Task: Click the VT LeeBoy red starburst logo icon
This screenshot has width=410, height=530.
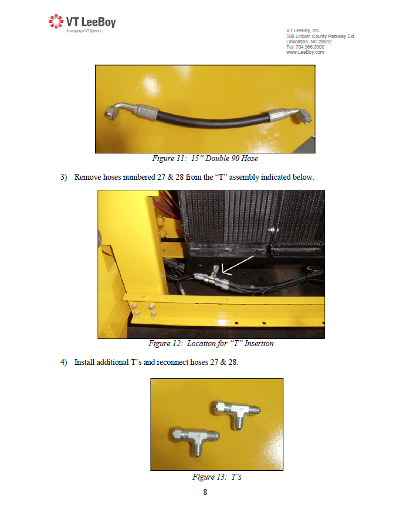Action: pos(56,21)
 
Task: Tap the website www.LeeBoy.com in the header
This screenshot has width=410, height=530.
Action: pos(304,52)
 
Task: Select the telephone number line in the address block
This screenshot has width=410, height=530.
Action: pos(305,47)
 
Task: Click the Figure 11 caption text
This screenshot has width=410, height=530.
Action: pos(205,158)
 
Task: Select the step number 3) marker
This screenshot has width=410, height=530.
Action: pos(64,177)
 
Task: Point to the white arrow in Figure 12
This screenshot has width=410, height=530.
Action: pos(238,265)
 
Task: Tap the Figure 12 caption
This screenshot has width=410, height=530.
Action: pos(211,343)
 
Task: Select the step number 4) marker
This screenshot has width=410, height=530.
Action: pos(64,363)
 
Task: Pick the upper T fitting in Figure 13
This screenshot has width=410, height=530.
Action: pos(236,413)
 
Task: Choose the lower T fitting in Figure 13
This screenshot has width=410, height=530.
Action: pos(195,439)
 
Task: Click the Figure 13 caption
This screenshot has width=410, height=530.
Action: pos(217,477)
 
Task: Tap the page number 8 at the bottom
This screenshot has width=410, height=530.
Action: pos(205,492)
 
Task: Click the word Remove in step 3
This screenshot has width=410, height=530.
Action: pos(87,177)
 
